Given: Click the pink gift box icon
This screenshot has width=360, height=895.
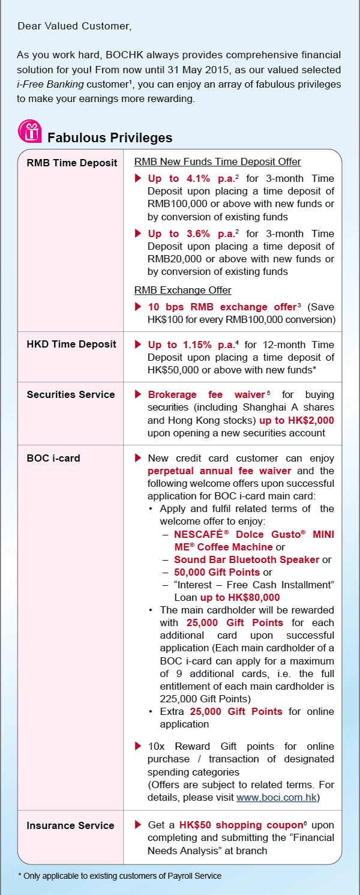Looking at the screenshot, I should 29,131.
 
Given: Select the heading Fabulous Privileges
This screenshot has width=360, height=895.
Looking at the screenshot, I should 110,137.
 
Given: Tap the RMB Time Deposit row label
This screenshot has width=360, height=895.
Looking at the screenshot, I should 72,163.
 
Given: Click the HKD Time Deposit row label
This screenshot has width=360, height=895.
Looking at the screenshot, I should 71,344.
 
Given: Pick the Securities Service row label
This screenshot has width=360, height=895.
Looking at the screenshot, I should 71,394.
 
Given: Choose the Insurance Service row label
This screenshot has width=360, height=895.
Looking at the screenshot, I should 70,825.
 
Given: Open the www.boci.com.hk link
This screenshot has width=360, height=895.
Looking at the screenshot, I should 277,798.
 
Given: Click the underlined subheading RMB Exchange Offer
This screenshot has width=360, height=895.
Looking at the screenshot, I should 182,290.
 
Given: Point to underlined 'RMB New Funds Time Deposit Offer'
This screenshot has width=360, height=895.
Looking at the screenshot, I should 217,161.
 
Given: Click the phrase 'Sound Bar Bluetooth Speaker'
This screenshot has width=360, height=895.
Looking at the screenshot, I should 247,559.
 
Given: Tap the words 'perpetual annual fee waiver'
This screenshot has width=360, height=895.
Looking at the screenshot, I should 220,471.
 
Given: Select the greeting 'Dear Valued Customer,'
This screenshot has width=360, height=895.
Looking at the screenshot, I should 74,26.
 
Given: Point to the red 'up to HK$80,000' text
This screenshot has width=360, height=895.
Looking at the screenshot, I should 240,597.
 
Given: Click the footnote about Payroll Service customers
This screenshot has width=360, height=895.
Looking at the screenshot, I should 119,876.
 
